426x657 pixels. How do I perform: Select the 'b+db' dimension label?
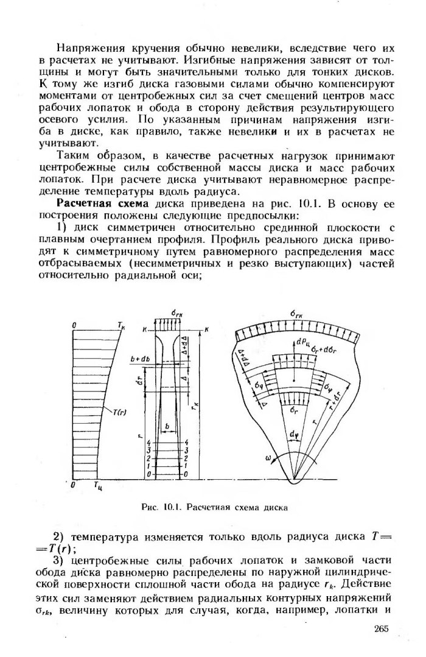[139, 360]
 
